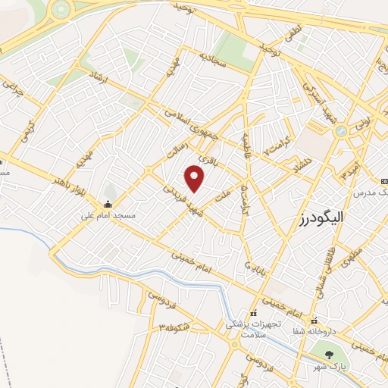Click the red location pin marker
pyautogui.click(x=196, y=179)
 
